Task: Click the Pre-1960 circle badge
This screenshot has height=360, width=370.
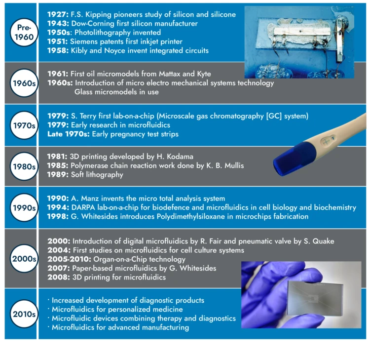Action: tap(24, 32)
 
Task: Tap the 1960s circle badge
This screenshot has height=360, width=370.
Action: tap(24, 83)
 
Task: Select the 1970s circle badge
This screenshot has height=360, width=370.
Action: tap(24, 125)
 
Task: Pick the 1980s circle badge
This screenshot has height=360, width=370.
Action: tap(24, 166)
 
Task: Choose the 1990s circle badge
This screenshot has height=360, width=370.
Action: tap(24, 207)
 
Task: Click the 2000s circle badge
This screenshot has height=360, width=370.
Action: tap(24, 259)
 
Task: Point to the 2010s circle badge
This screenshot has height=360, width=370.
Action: tap(24, 314)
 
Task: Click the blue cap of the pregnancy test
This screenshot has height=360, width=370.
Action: tap(294, 159)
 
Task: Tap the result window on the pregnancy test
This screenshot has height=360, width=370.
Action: tap(328, 141)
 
